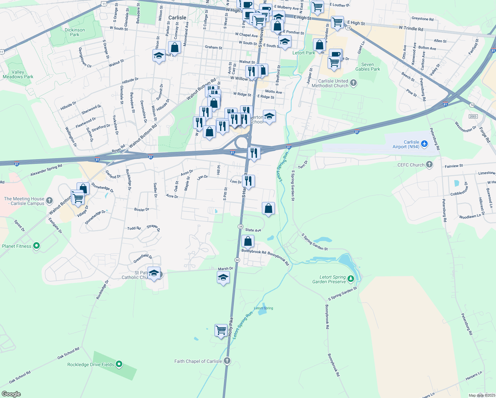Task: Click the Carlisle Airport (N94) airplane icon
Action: pos(425,144)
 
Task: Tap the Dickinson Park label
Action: pos(75,32)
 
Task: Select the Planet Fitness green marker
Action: pos(36,246)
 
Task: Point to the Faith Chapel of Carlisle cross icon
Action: pos(227,361)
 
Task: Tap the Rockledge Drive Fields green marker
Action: pos(119,364)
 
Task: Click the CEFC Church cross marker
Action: pos(429,165)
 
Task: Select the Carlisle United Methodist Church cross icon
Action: pos(353,83)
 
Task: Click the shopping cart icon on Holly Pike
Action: pos(221,330)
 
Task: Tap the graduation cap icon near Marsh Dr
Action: pos(223,277)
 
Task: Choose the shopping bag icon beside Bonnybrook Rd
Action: pos(248,241)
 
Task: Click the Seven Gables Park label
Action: pos(368,67)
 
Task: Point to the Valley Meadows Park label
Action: pos(18,74)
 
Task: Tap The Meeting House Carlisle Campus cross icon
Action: pos(49,200)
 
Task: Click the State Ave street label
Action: pos(253,230)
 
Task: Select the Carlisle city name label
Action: pos(177,18)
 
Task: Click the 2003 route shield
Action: pos(473,116)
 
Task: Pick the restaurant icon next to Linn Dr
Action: pos(248,181)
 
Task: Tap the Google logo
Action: pos(11,394)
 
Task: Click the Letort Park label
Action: pos(304,53)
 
